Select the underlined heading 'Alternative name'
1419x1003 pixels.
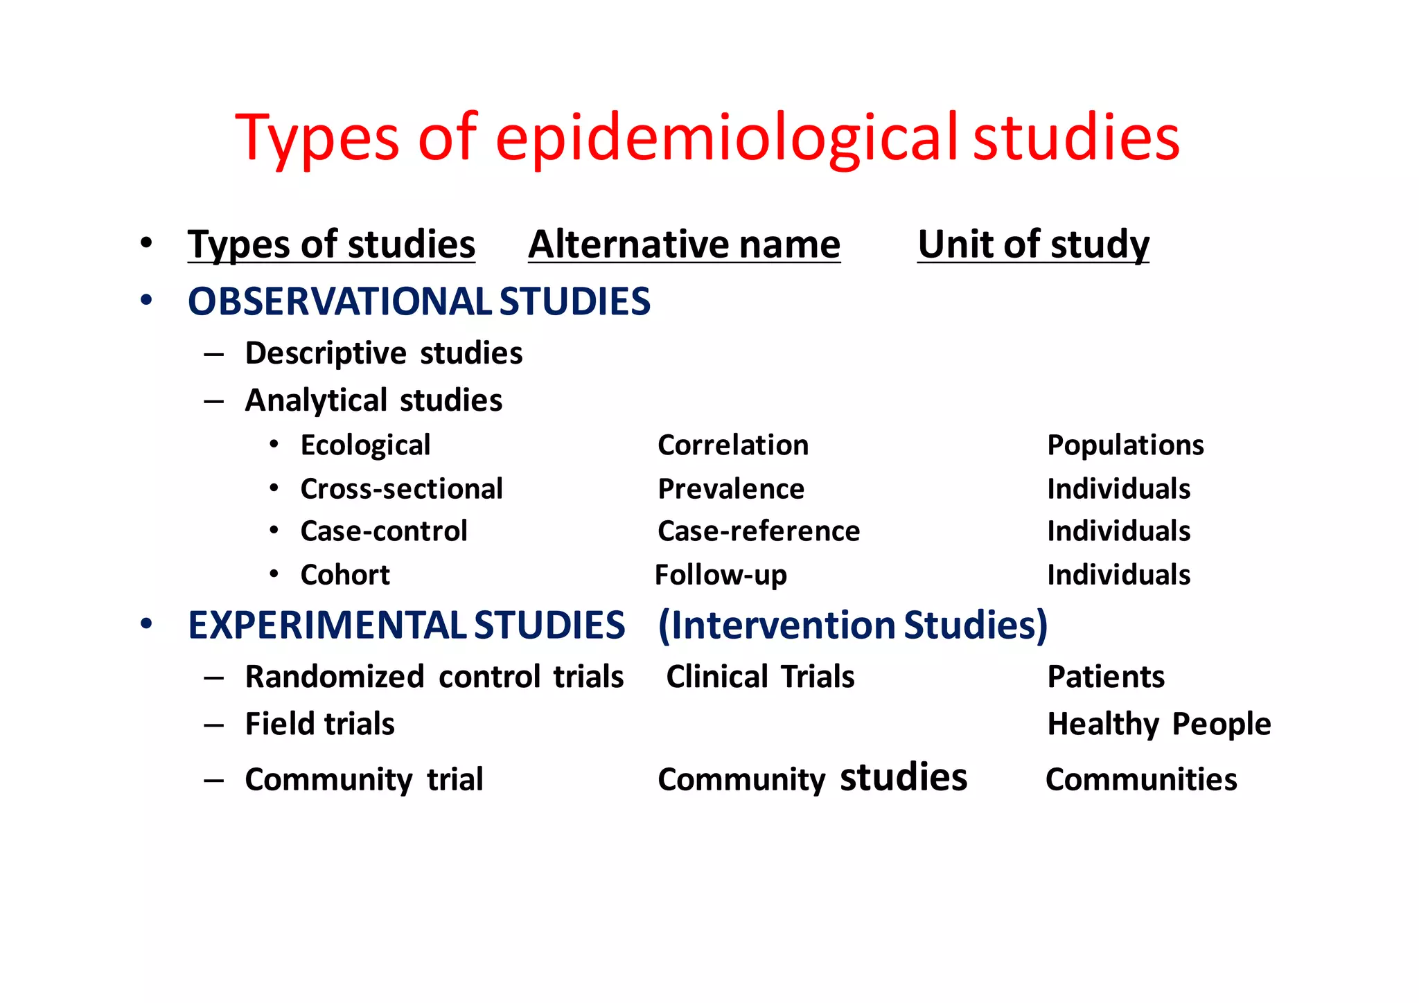click(684, 245)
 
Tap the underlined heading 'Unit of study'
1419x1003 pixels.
click(1033, 245)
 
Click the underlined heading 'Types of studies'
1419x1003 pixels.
click(331, 245)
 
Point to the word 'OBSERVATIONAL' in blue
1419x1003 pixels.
click(340, 302)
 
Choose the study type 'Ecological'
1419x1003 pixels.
click(365, 445)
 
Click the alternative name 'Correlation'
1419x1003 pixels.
click(732, 445)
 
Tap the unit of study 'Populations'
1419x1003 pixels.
click(1125, 445)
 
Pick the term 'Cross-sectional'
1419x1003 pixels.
click(401, 489)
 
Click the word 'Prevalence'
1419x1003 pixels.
click(730, 489)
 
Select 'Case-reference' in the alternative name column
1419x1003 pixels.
click(758, 531)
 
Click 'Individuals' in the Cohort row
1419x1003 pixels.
click(1118, 575)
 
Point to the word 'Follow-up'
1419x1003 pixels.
click(721, 575)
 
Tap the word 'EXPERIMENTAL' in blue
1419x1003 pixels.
click(327, 625)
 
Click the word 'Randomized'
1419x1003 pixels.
click(335, 677)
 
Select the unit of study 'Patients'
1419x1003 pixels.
click(1106, 677)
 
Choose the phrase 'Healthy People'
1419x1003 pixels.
click(1158, 724)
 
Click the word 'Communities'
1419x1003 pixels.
click(1141, 779)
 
